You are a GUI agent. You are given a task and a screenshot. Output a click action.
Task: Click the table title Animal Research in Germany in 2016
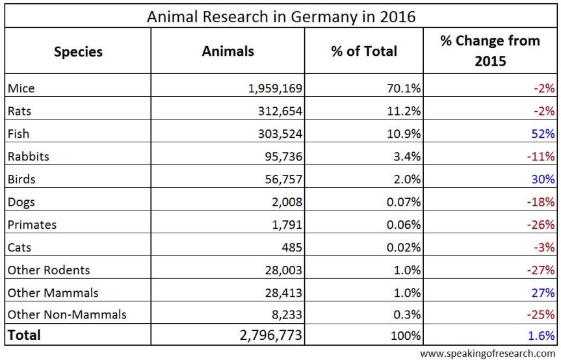280,16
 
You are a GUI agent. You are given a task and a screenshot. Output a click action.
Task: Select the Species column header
78,51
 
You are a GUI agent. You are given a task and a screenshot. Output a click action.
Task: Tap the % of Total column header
364,51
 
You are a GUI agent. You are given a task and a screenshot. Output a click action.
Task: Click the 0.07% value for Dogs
401,201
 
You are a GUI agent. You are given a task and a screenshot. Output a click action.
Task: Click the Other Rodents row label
48,270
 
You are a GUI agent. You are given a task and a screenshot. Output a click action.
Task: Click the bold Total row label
23,335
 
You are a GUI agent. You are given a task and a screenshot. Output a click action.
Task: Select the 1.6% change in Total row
541,336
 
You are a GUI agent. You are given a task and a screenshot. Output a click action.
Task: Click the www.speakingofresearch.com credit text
488,354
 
